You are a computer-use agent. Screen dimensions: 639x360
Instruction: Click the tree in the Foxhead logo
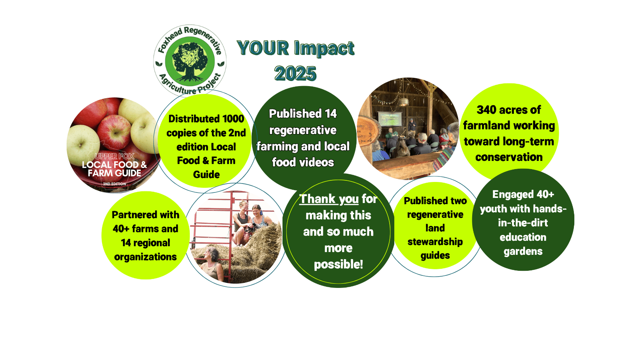click(x=190, y=62)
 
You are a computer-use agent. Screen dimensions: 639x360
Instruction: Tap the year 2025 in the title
click(x=295, y=73)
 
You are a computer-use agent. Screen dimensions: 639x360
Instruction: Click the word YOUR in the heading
click(x=263, y=48)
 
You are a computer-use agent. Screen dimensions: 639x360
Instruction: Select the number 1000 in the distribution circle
click(x=233, y=119)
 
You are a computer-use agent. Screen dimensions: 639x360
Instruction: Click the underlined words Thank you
click(x=329, y=199)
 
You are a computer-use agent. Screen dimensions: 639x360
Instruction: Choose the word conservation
click(x=508, y=157)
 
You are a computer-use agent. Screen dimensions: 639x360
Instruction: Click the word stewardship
click(x=435, y=242)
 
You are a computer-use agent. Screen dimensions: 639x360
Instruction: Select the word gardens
click(x=523, y=251)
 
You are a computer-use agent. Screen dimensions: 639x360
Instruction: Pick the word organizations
click(x=145, y=257)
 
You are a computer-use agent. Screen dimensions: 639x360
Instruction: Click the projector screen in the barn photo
click(x=390, y=118)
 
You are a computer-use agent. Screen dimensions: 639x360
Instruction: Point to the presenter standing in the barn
click(x=411, y=127)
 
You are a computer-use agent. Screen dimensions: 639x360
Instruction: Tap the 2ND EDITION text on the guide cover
click(x=114, y=184)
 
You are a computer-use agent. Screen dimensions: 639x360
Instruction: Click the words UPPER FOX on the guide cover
click(x=115, y=156)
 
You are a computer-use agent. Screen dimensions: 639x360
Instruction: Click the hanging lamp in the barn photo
click(x=404, y=101)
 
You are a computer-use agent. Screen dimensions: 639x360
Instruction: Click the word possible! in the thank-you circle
click(x=338, y=265)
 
